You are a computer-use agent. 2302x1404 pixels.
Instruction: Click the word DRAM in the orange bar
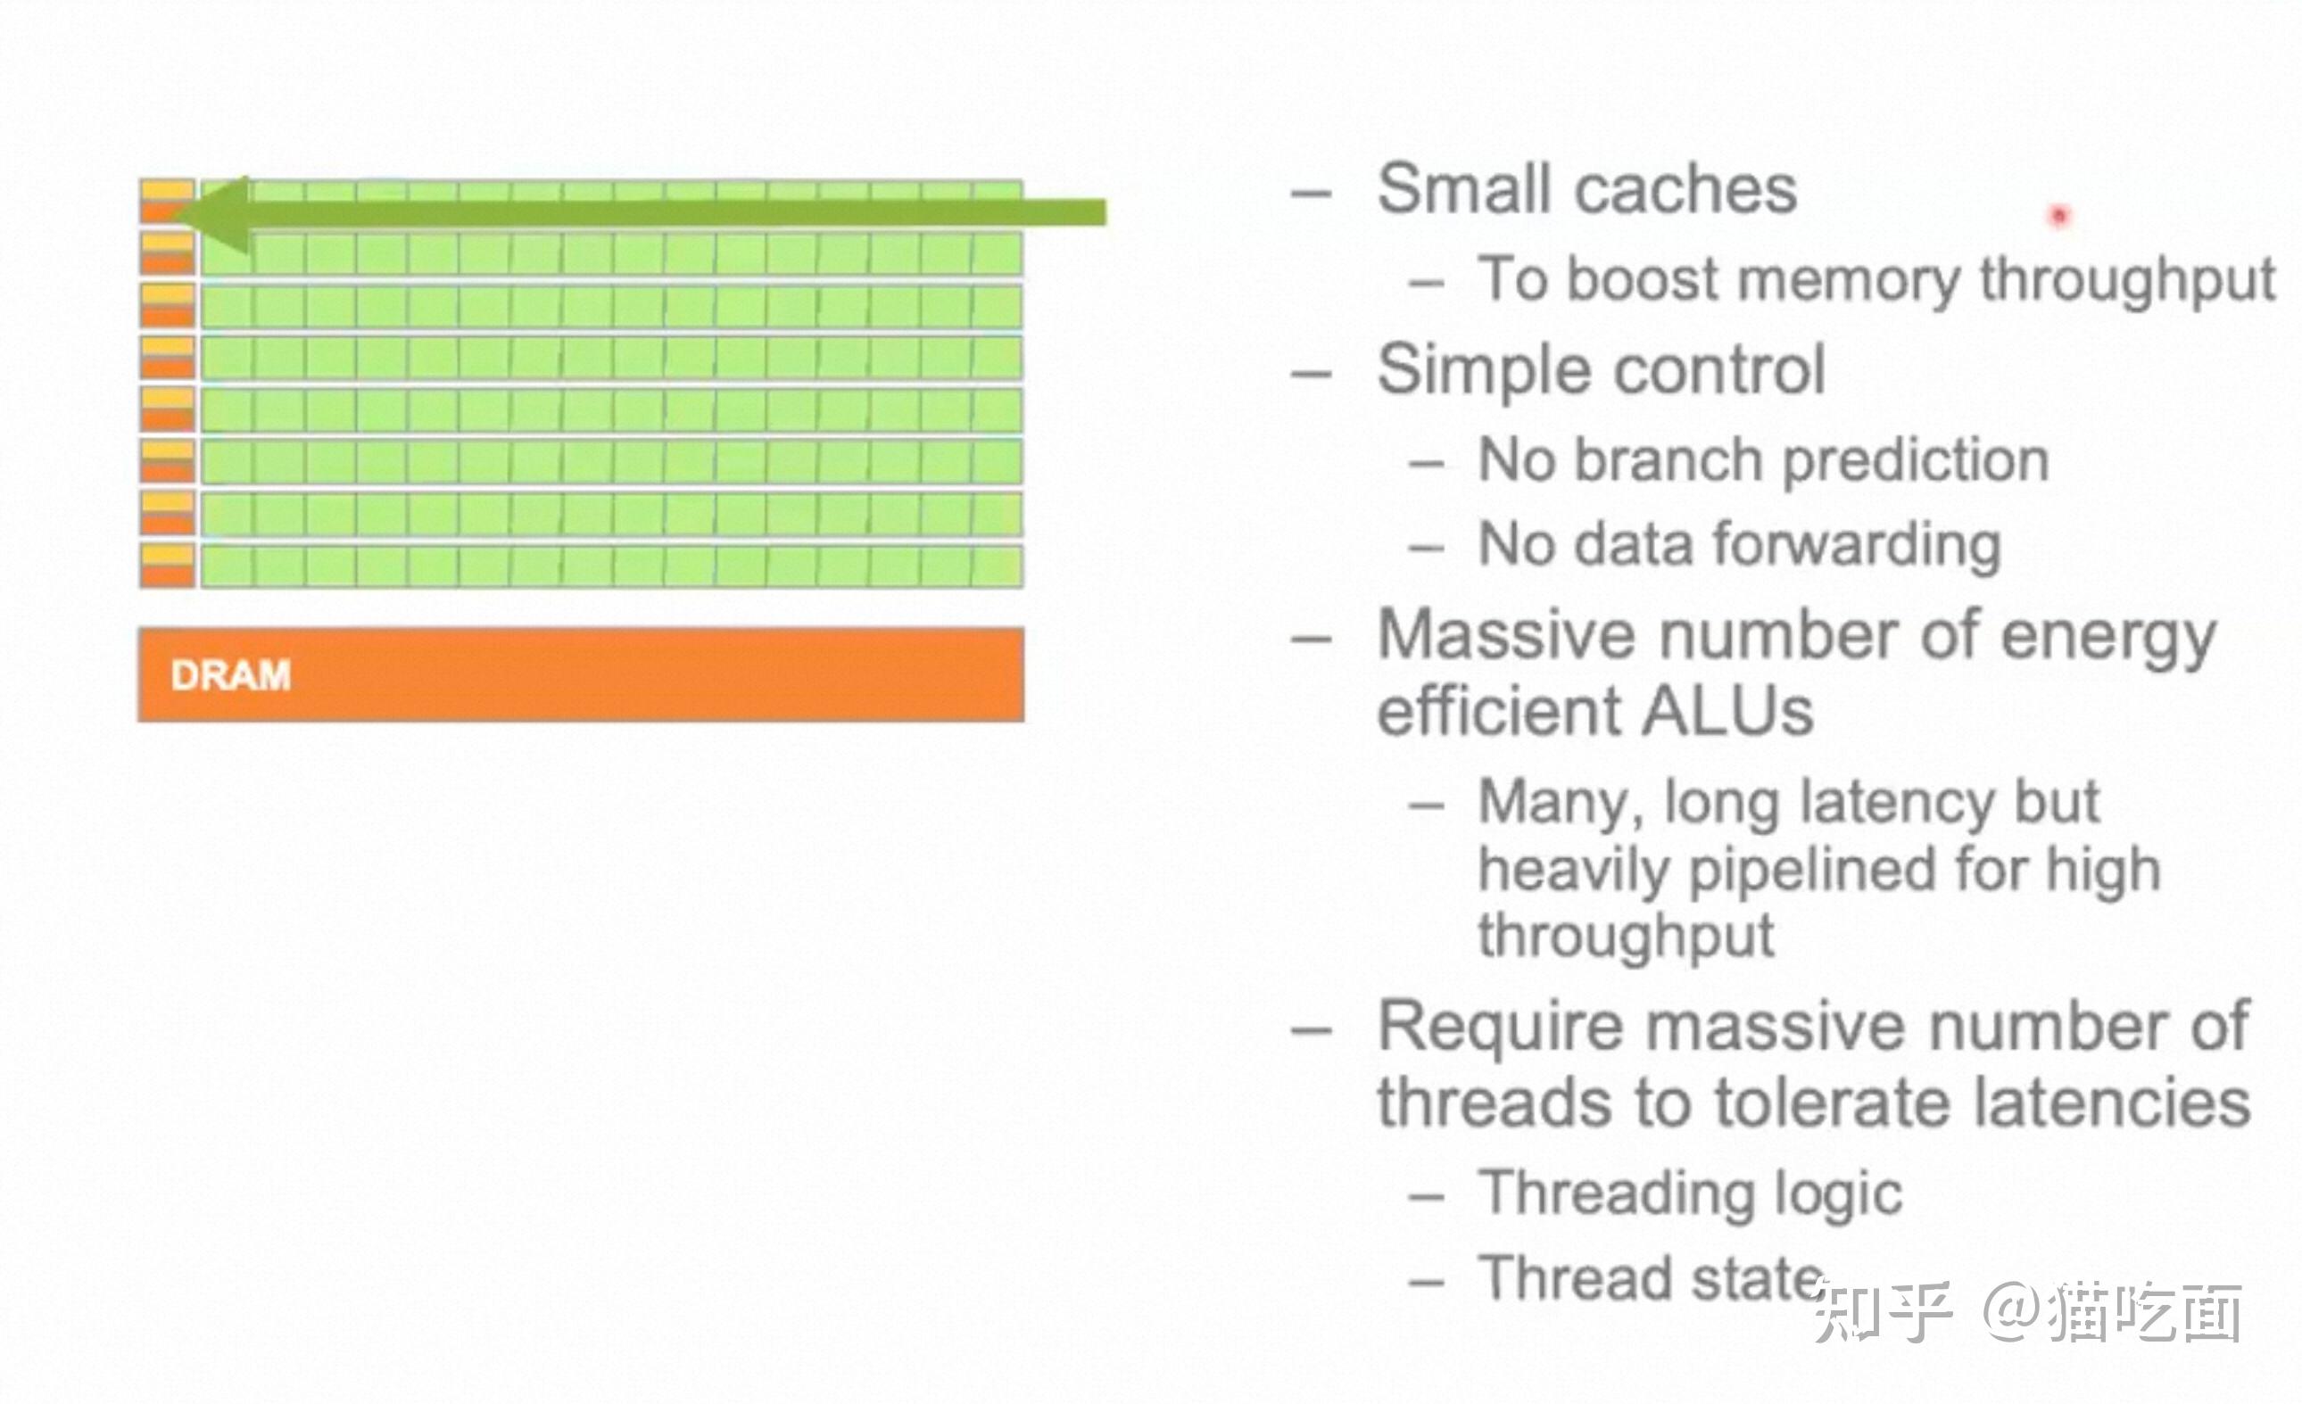coord(230,675)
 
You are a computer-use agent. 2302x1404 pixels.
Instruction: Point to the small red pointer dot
coord(2059,217)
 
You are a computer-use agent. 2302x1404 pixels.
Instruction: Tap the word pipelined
coord(1812,871)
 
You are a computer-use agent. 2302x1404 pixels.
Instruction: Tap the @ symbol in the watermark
coord(2012,1309)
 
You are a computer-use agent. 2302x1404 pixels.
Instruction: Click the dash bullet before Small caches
coord(1311,194)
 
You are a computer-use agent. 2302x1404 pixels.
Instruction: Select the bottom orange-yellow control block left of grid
coord(168,566)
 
